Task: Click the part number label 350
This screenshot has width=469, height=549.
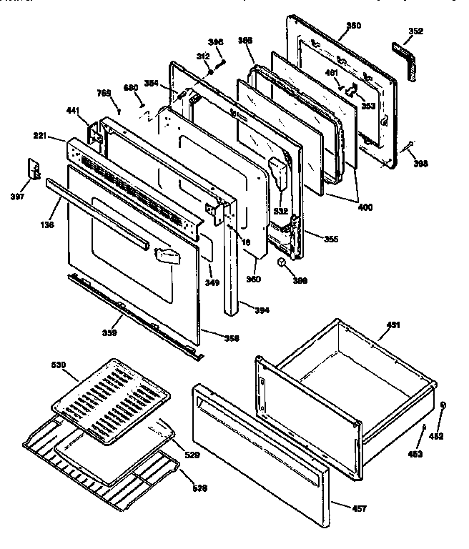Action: tap(354, 25)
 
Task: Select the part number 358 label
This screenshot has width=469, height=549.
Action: tap(228, 338)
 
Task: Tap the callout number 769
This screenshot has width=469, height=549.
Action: tap(104, 92)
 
